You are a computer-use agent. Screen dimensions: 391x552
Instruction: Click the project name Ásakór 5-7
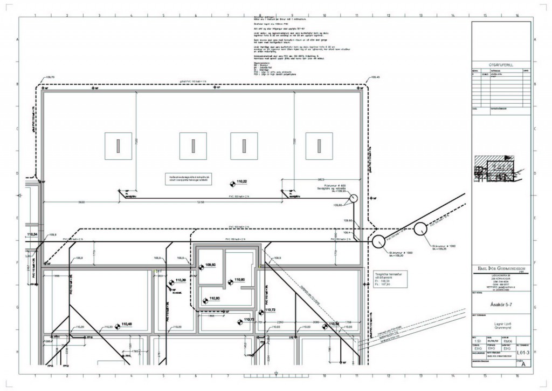click(x=493, y=303)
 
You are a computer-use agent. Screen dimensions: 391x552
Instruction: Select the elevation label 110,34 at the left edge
click(x=32, y=234)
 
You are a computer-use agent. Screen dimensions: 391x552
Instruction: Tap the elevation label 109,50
click(x=210, y=265)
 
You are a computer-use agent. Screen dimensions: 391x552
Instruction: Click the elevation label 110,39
click(x=181, y=280)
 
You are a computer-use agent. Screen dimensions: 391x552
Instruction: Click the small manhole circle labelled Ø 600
click(x=353, y=199)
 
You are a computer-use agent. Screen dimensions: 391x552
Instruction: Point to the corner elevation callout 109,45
click(x=375, y=77)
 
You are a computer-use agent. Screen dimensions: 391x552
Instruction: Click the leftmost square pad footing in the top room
click(x=117, y=145)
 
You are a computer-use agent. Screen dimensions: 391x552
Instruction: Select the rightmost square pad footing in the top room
click(x=319, y=145)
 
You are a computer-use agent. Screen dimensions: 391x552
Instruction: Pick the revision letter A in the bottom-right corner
click(x=521, y=365)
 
